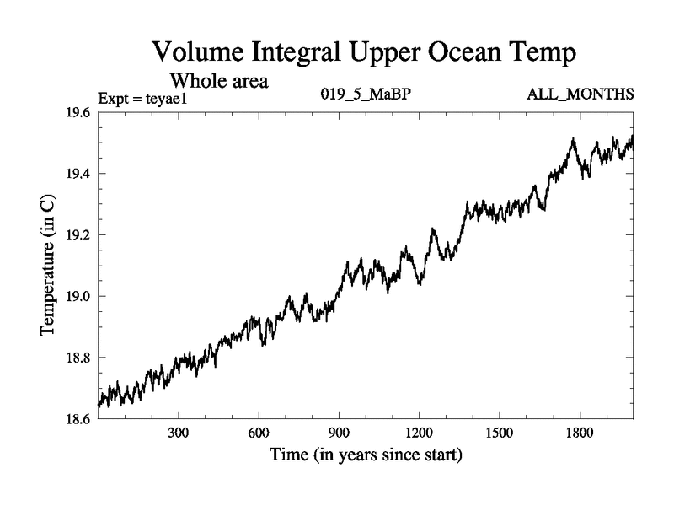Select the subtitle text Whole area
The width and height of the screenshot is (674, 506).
(x=219, y=81)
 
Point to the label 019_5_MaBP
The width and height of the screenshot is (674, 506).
(x=366, y=94)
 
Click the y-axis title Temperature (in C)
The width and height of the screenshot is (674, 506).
(x=49, y=266)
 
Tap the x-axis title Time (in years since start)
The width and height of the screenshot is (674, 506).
(x=366, y=456)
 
